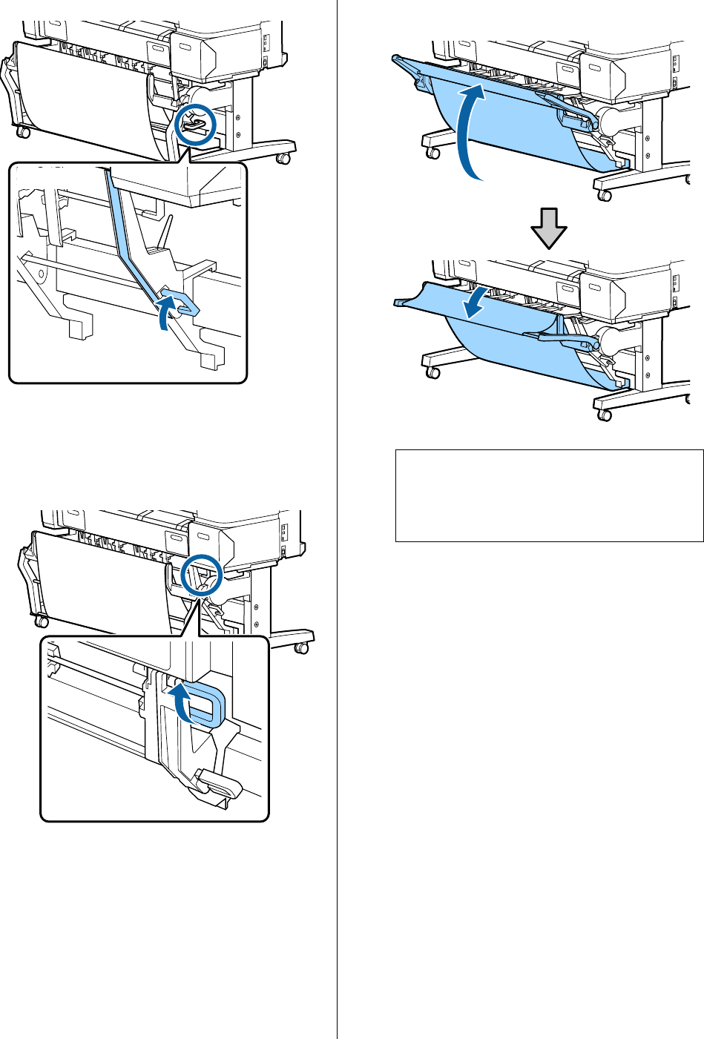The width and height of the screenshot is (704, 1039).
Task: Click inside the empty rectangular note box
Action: (549, 495)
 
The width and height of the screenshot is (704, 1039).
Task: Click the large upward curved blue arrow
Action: (472, 130)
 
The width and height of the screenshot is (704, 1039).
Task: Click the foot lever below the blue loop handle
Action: (220, 784)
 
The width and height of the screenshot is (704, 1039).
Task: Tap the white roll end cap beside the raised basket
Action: (613, 119)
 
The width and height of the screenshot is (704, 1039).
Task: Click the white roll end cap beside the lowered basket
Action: (613, 340)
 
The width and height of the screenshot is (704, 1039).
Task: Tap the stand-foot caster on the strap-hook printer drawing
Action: (283, 158)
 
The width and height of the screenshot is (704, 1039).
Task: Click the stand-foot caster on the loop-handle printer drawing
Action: (301, 648)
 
